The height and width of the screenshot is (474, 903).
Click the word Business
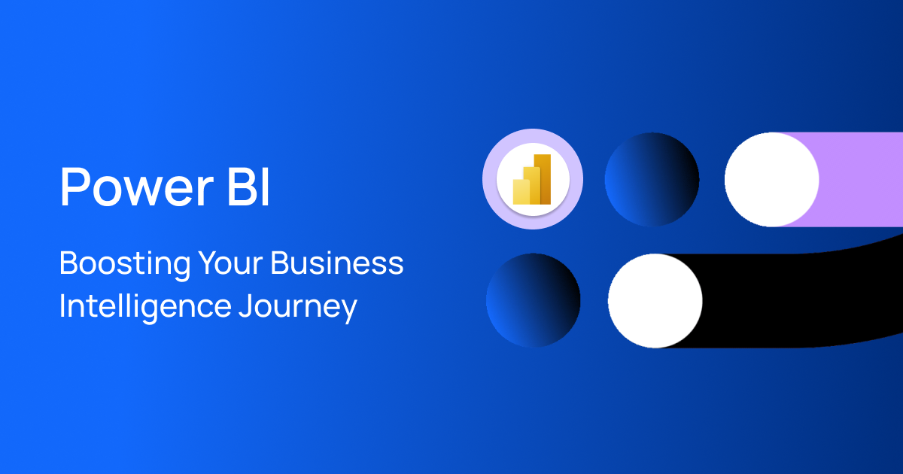[x=337, y=265]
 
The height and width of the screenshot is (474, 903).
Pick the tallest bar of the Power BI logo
[x=543, y=178]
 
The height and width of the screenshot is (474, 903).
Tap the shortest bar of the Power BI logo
[x=520, y=191]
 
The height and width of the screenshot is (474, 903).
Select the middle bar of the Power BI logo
[x=531, y=184]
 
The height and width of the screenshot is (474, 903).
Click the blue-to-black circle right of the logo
[x=652, y=179]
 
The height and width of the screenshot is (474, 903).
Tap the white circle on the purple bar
[x=771, y=179]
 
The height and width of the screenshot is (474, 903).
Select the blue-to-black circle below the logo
[x=533, y=299]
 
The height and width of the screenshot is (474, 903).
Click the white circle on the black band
[x=655, y=300]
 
